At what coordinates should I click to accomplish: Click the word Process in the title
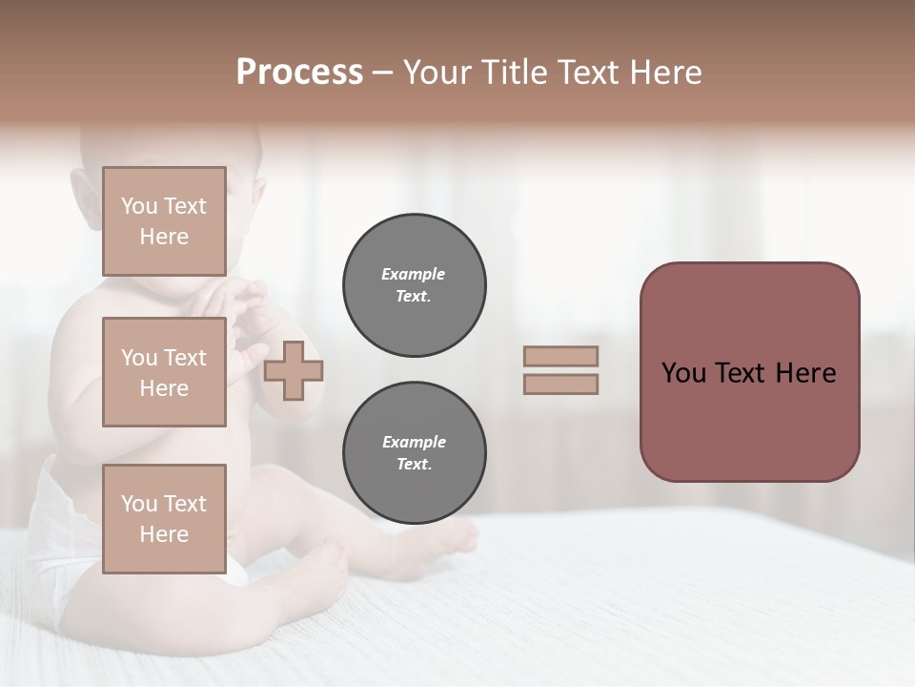click(299, 73)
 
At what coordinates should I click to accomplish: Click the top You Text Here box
click(164, 221)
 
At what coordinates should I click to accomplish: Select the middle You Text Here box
click(164, 372)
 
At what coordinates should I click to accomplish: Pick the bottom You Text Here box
click(164, 518)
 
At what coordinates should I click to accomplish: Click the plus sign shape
click(294, 370)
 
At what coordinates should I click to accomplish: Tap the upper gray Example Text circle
click(414, 285)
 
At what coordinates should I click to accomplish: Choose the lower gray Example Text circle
click(414, 453)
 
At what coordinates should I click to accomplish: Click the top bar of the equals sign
click(560, 356)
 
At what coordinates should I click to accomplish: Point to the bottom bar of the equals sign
click(560, 384)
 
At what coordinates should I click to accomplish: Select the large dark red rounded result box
click(749, 420)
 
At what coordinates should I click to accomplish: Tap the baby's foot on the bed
click(453, 536)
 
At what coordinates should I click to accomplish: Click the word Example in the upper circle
click(414, 274)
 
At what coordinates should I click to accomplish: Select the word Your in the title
click(437, 73)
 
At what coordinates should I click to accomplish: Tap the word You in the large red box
click(683, 373)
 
